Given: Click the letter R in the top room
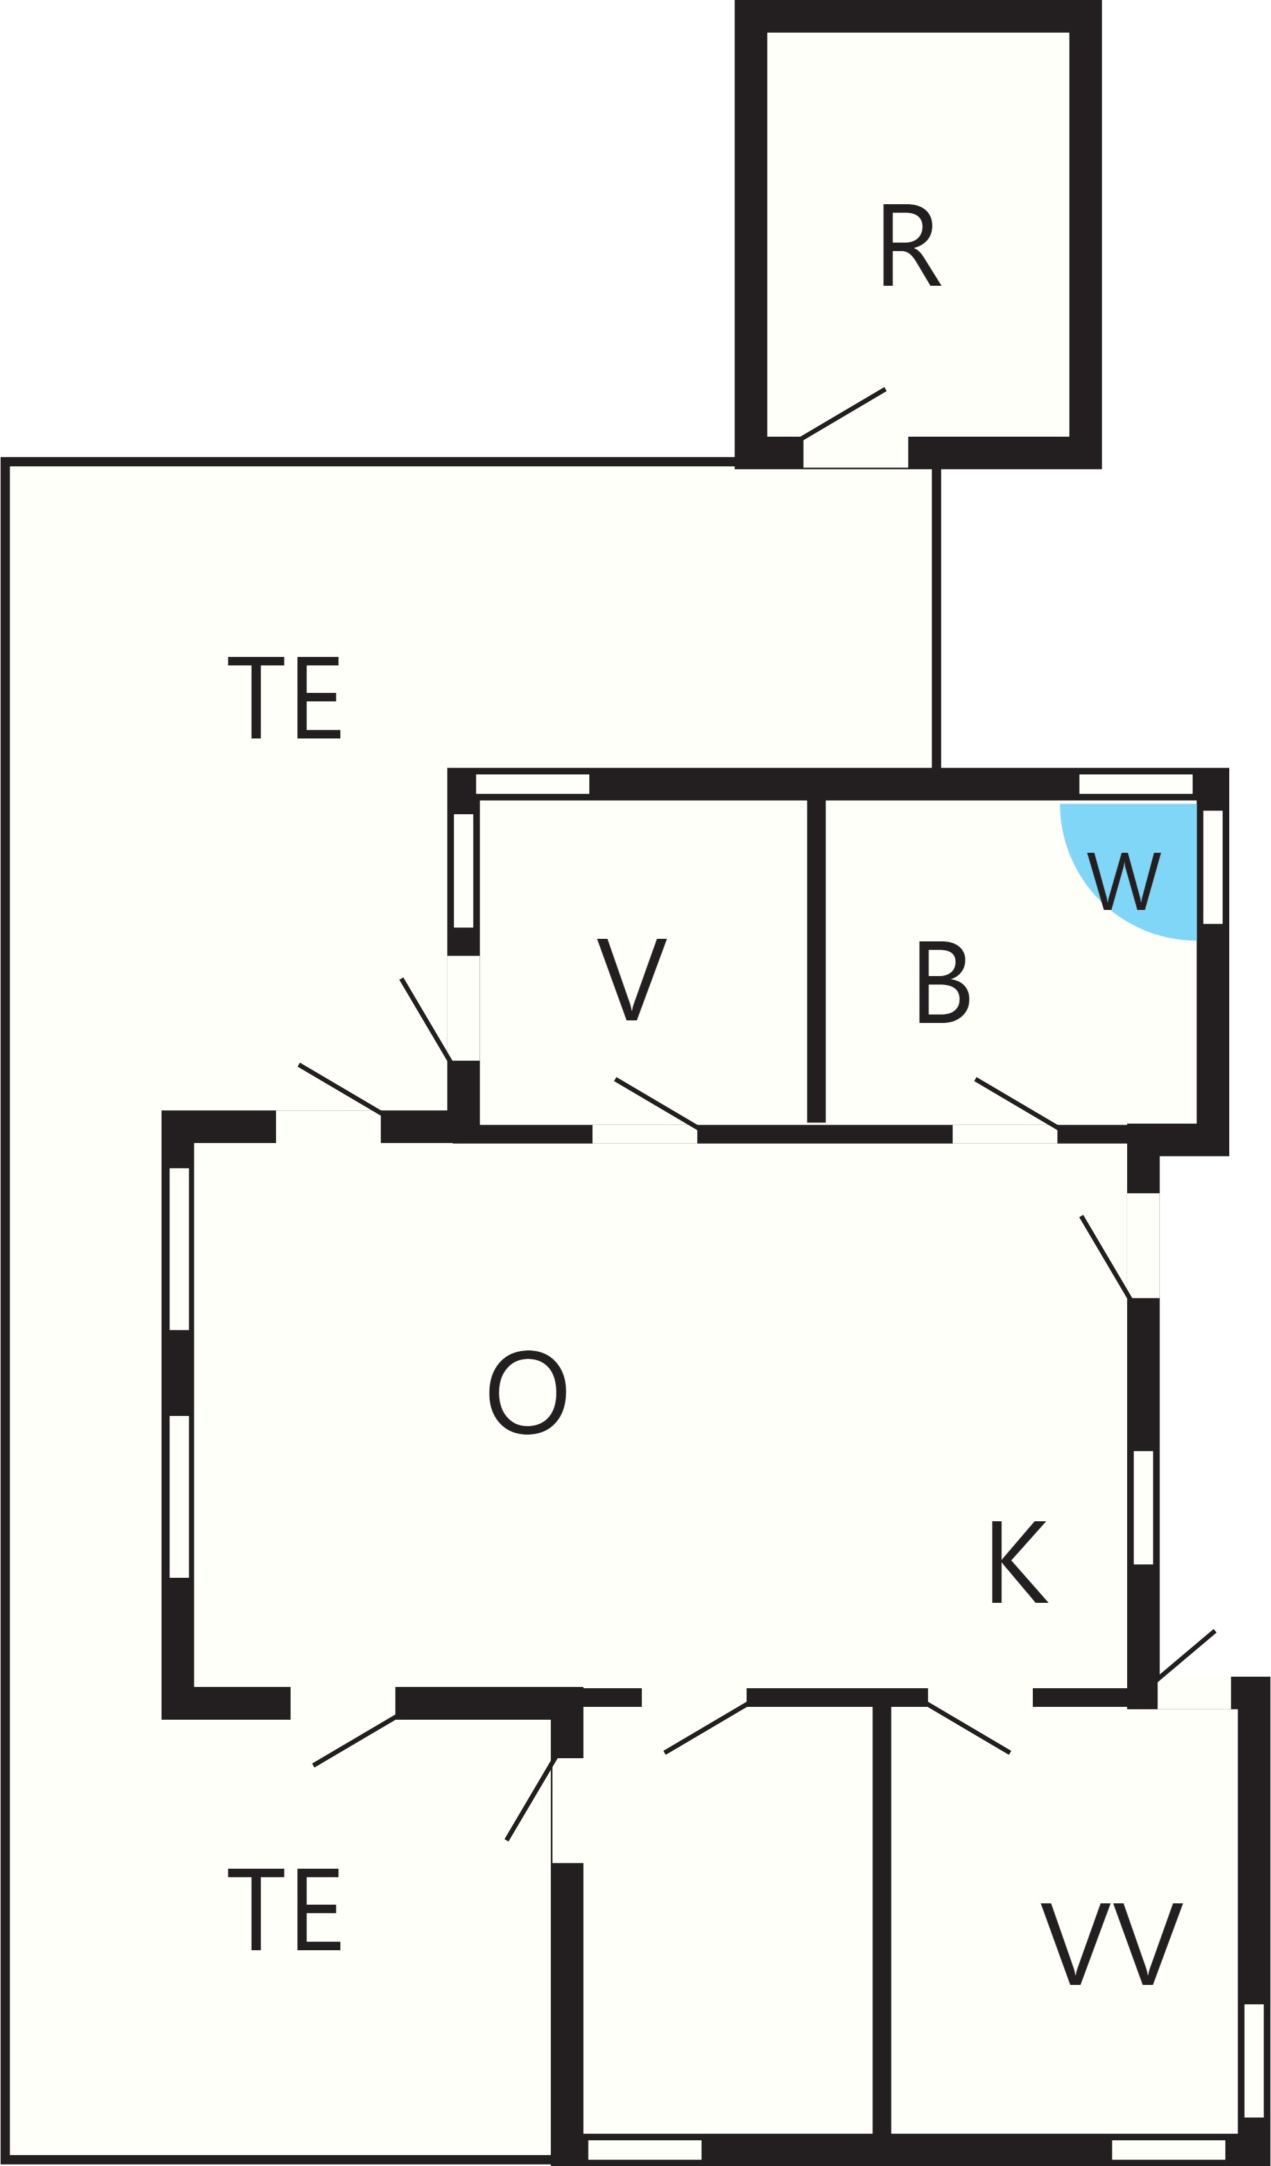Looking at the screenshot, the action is click(911, 245).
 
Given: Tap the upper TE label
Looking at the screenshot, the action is click(284, 697).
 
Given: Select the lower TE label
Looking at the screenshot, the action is click(284, 1909).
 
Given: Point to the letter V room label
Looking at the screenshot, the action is click(632, 979).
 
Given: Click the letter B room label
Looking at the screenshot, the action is click(944, 982).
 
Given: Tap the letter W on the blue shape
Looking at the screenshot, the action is click(1124, 881).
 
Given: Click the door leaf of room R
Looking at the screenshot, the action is click(843, 414).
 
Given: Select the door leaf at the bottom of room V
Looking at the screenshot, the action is click(655, 1102).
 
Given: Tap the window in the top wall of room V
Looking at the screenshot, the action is click(533, 784).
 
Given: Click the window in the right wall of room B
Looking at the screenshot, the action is click(1213, 868).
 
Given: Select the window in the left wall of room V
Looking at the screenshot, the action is click(463, 871).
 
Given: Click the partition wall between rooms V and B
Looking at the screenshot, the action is click(817, 960).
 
